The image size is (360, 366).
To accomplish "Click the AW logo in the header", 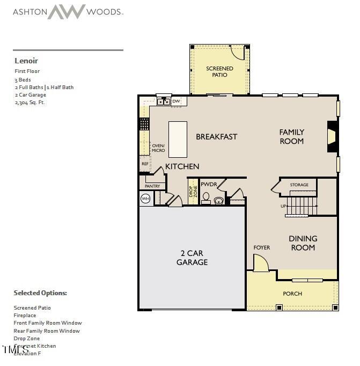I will (67, 11).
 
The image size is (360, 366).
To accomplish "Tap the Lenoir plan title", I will (26, 61).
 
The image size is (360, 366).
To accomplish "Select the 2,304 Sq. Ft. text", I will (30, 102).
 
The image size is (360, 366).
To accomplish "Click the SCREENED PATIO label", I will (220, 71).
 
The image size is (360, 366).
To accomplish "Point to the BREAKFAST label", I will (216, 137).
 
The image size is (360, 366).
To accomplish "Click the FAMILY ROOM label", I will (292, 136).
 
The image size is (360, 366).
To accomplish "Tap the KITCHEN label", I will (182, 166).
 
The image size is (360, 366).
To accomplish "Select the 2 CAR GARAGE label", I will (192, 258).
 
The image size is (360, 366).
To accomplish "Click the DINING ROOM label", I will (303, 243).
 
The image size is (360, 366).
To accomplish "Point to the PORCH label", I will (292, 294).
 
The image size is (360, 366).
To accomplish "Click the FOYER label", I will (262, 247).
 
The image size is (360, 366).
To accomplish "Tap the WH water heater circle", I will (145, 199).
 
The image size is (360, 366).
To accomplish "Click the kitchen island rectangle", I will (178, 139).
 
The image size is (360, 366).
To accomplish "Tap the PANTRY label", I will (152, 186).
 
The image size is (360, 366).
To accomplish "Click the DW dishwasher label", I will (176, 101).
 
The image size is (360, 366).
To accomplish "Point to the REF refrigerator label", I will (145, 164).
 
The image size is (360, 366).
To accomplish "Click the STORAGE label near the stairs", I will (299, 185).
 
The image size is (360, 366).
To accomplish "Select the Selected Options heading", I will (40, 293).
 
